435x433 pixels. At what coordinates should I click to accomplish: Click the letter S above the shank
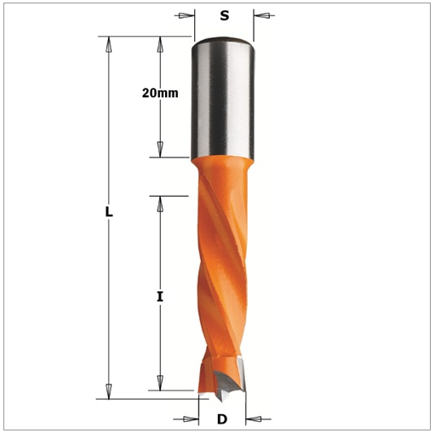[x=225, y=15]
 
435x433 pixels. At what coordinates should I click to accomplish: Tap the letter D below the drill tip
[x=222, y=419]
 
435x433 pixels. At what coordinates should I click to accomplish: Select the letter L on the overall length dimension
[x=109, y=212]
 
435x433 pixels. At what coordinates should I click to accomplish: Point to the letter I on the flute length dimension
[x=160, y=297]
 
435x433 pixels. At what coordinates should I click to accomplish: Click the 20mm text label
[x=160, y=93]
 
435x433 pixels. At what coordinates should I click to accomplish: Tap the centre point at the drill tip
[x=220, y=401]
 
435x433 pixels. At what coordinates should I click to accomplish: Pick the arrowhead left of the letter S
[x=186, y=15]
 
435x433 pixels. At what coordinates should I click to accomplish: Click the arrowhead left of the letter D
[x=191, y=419]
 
